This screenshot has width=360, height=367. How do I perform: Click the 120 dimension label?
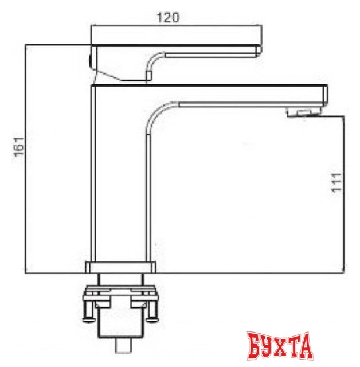[168, 18]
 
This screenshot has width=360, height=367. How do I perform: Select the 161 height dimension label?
[19, 147]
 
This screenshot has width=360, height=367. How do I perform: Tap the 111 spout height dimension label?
[337, 183]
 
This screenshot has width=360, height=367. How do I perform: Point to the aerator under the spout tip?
[303, 112]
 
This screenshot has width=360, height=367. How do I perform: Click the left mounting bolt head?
[89, 319]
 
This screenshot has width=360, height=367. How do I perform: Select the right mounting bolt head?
[152, 319]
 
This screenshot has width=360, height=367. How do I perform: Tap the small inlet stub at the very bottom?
[124, 345]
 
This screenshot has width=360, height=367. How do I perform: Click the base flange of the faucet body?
[121, 268]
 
